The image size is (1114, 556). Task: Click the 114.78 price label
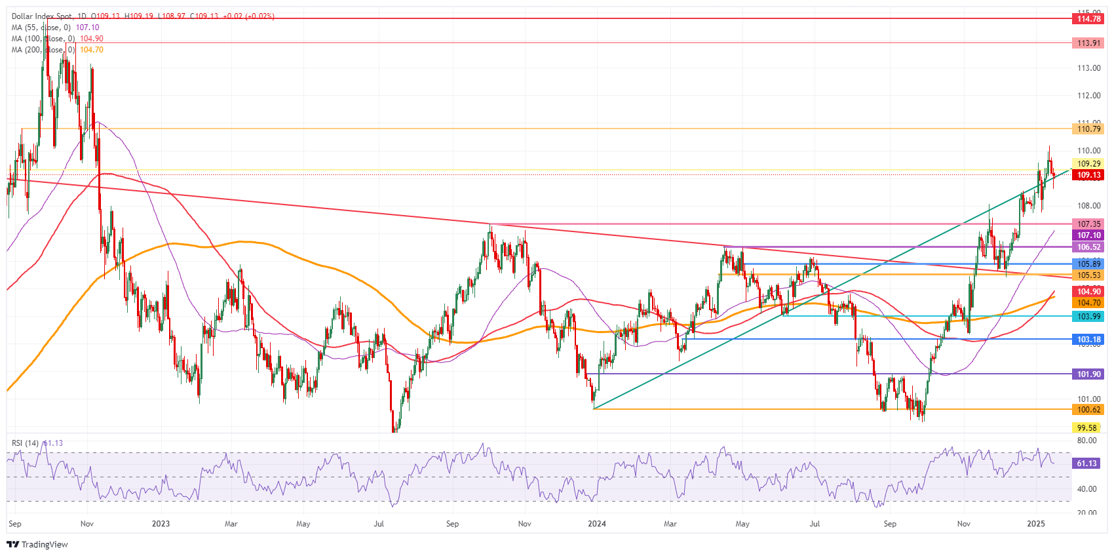(x=1088, y=19)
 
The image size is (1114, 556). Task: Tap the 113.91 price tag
(x=1088, y=43)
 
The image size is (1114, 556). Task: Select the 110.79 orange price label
(x=1088, y=129)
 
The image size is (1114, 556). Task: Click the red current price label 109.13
(x=1088, y=175)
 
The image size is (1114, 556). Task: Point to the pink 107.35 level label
(x=1088, y=224)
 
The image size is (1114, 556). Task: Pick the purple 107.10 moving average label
(x=1088, y=235)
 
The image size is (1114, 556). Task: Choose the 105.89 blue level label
(x=1088, y=264)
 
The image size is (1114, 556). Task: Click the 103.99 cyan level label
(x=1088, y=317)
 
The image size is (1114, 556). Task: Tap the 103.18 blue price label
(x=1088, y=340)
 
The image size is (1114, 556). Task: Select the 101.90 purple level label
(x=1088, y=374)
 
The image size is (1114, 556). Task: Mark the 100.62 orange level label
(x=1088, y=410)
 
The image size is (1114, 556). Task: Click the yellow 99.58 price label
(x=1086, y=428)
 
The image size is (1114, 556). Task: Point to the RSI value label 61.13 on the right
(x=1086, y=464)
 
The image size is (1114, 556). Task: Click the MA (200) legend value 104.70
(x=92, y=50)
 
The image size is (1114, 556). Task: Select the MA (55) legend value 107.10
(x=87, y=28)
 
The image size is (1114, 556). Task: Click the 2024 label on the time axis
(x=597, y=524)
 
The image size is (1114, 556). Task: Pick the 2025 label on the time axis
(x=1036, y=524)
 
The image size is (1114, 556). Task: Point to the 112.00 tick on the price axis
(x=1088, y=96)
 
